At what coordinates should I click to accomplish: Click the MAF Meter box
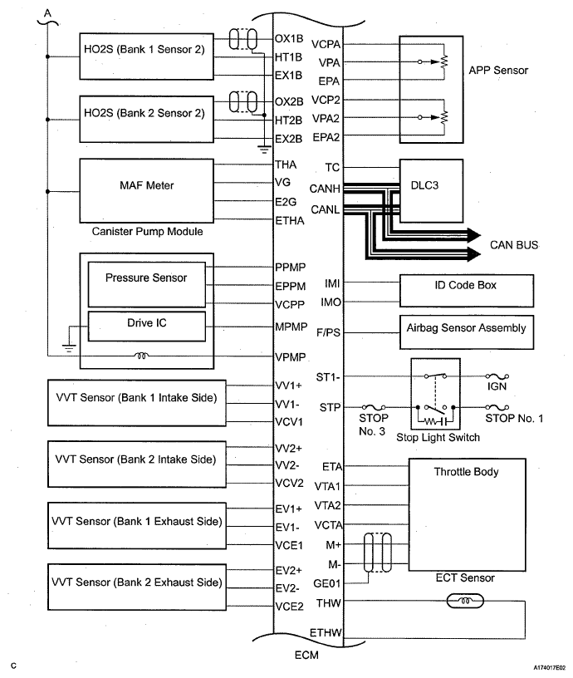146,191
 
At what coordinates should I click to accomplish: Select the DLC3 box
431,191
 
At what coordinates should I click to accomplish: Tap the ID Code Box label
465,285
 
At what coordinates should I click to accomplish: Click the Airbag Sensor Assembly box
466,332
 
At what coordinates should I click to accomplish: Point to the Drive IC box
146,327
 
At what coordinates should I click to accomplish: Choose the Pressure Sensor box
146,284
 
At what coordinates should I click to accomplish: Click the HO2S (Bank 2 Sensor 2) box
146,120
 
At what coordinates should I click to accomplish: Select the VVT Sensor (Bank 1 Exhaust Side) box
136,526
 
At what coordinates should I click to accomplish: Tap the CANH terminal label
325,189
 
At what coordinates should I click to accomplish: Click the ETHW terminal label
326,632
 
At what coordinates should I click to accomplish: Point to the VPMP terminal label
291,357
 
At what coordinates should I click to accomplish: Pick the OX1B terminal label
289,38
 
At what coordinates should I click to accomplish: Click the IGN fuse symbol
497,376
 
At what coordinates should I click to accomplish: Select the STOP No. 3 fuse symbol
374,407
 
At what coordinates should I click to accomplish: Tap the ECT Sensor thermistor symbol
465,601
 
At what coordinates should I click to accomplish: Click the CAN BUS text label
514,245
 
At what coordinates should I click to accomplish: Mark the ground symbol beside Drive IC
69,347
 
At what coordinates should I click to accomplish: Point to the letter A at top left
47,13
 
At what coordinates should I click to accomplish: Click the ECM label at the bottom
306,655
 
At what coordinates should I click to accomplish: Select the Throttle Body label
466,472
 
